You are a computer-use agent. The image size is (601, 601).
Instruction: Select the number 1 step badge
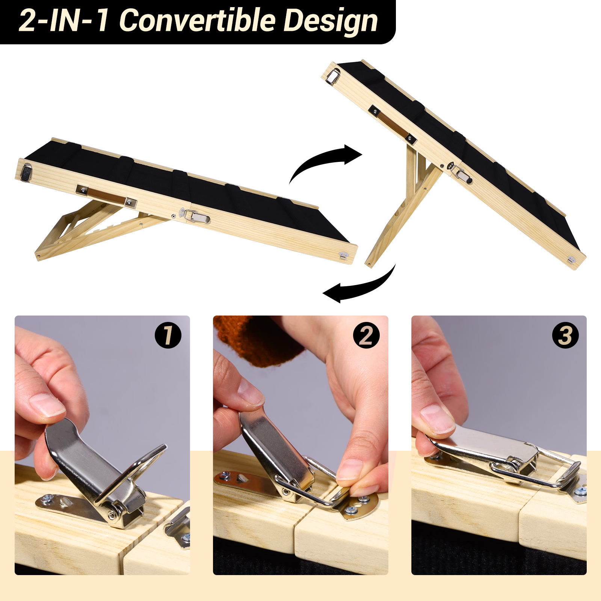(x=168, y=335)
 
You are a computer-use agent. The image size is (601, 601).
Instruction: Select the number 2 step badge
(x=366, y=335)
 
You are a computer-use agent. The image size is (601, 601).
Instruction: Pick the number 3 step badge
(x=565, y=335)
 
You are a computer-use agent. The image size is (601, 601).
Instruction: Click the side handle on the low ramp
(x=107, y=196)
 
